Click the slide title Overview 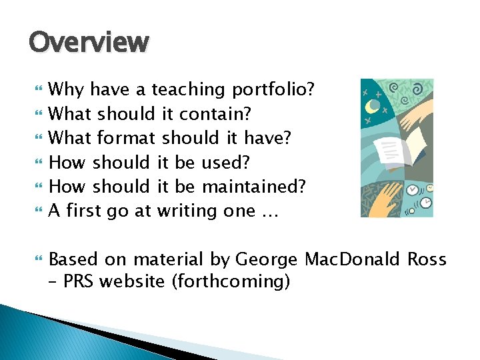[89, 43]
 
